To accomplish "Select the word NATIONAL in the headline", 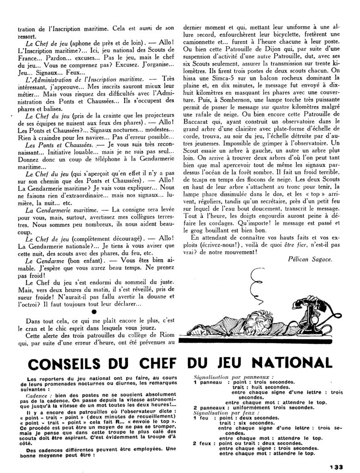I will coord(294,363).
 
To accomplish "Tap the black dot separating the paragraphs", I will coord(94,311).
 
